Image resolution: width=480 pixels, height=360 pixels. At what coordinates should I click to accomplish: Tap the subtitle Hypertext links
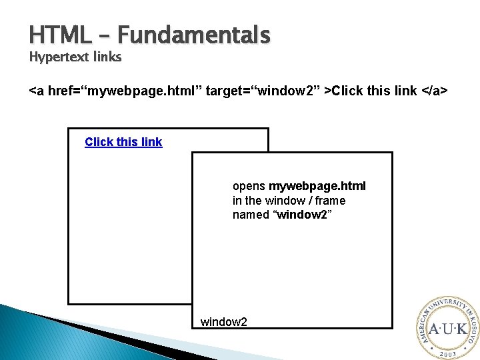click(75, 57)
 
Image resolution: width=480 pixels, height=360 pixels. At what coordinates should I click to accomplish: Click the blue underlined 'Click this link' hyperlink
click(123, 142)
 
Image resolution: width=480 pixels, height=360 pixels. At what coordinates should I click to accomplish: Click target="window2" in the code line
click(263, 90)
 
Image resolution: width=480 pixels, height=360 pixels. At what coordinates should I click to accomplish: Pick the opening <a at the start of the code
click(37, 90)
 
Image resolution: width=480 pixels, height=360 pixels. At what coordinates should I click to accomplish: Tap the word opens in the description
click(249, 186)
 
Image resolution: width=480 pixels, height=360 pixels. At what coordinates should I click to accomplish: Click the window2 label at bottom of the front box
click(224, 323)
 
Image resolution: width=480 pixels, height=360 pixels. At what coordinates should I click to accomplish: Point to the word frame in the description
click(331, 201)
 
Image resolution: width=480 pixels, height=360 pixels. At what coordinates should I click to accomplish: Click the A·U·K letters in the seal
click(443, 329)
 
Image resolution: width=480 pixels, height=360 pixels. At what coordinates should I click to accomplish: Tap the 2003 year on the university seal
click(443, 353)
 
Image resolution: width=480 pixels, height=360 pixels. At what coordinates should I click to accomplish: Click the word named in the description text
click(251, 215)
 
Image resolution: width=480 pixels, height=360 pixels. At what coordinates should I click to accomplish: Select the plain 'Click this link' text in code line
click(373, 90)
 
